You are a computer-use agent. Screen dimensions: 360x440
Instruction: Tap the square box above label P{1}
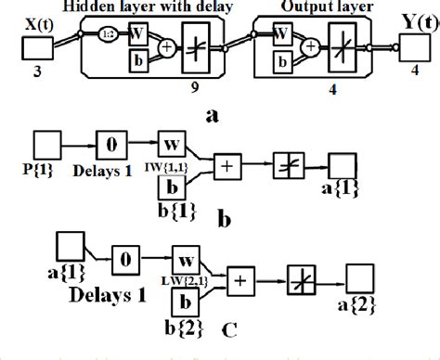point(47,147)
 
